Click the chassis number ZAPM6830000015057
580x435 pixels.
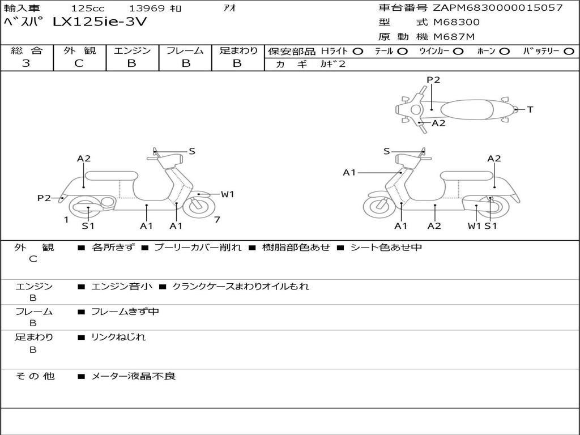coord(497,8)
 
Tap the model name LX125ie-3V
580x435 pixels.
coord(101,23)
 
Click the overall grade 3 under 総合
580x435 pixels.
coord(26,63)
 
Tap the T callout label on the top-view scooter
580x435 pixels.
coord(530,109)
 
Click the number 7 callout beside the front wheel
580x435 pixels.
coord(217,219)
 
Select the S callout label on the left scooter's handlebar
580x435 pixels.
coord(192,151)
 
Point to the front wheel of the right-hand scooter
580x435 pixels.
coord(379,206)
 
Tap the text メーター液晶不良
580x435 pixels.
coord(134,376)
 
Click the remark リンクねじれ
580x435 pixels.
coord(118,337)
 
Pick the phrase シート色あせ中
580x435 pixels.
coord(386,247)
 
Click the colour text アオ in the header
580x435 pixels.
coord(230,8)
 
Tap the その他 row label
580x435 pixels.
coord(35,376)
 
